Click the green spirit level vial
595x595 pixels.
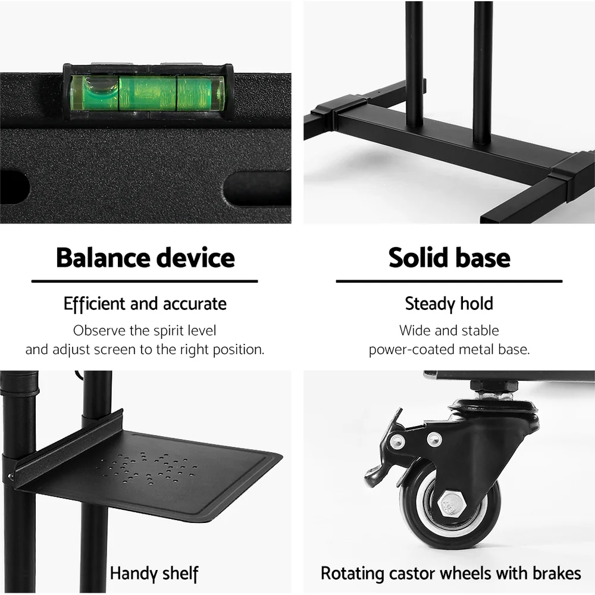coord(147,93)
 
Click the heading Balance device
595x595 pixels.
coord(145,258)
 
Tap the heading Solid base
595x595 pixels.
coord(449,258)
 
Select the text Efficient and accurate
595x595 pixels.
coord(145,304)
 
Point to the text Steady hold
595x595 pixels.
coord(449,304)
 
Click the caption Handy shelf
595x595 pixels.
coord(154,574)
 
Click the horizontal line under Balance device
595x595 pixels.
coord(145,281)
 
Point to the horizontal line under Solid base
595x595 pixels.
coord(449,281)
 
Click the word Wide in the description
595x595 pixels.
coord(414,330)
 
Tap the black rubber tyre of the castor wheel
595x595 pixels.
coord(416,524)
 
